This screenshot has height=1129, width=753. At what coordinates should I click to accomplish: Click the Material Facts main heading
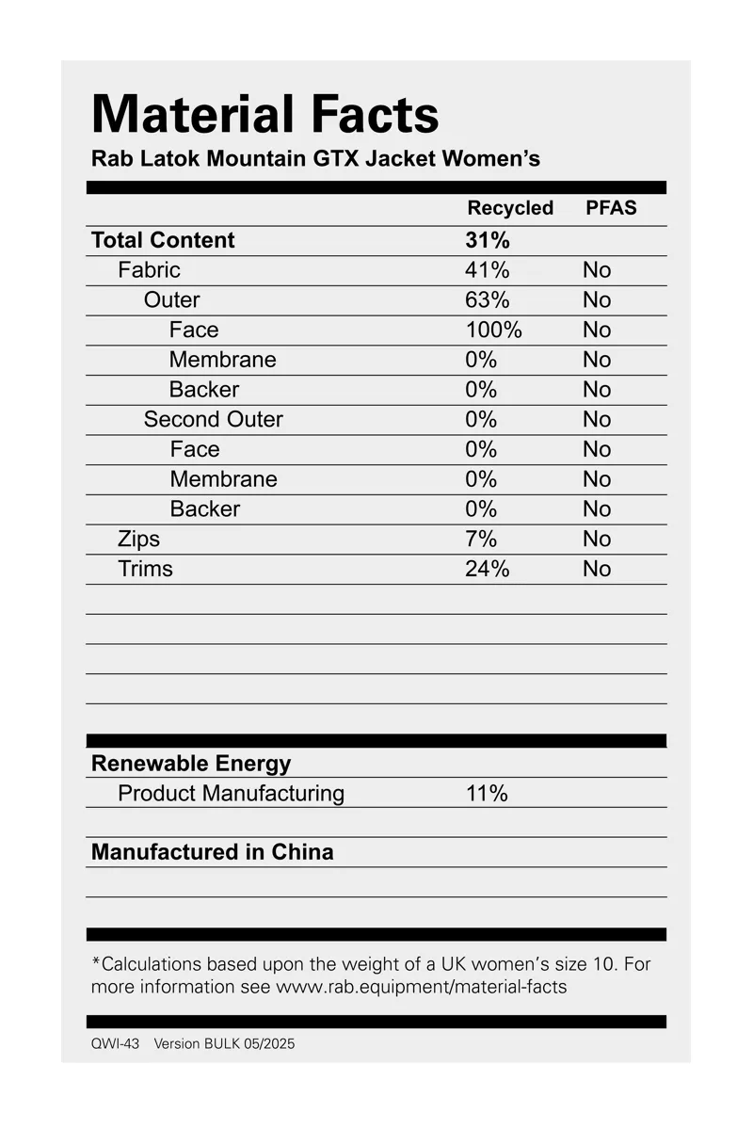(264, 115)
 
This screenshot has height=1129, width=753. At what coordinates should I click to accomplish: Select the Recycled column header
(510, 208)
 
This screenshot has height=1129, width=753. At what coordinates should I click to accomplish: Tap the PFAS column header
(611, 208)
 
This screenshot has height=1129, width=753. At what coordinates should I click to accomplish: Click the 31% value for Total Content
(487, 240)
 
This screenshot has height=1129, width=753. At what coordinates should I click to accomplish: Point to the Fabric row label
(149, 270)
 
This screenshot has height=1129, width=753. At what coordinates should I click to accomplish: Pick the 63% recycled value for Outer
(487, 300)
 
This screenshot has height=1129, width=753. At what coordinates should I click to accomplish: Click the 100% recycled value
(493, 330)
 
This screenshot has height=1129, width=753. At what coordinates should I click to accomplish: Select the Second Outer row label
(213, 419)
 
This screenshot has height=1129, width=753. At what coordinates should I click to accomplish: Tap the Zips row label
(138, 539)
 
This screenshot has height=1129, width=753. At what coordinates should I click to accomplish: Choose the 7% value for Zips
(480, 539)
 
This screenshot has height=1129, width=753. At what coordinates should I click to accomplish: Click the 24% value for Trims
(487, 569)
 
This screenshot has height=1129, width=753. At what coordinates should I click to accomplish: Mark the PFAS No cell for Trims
(597, 569)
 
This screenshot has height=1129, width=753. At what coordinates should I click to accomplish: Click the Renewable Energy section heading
(191, 764)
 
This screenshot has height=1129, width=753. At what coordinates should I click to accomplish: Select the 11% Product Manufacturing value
(487, 794)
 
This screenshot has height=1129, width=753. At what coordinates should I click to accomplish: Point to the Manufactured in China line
(212, 852)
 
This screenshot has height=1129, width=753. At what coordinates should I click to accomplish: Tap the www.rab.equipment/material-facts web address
(421, 988)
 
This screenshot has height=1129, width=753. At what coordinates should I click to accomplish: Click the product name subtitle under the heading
(315, 158)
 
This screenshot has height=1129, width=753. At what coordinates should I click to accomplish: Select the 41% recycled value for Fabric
(487, 270)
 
